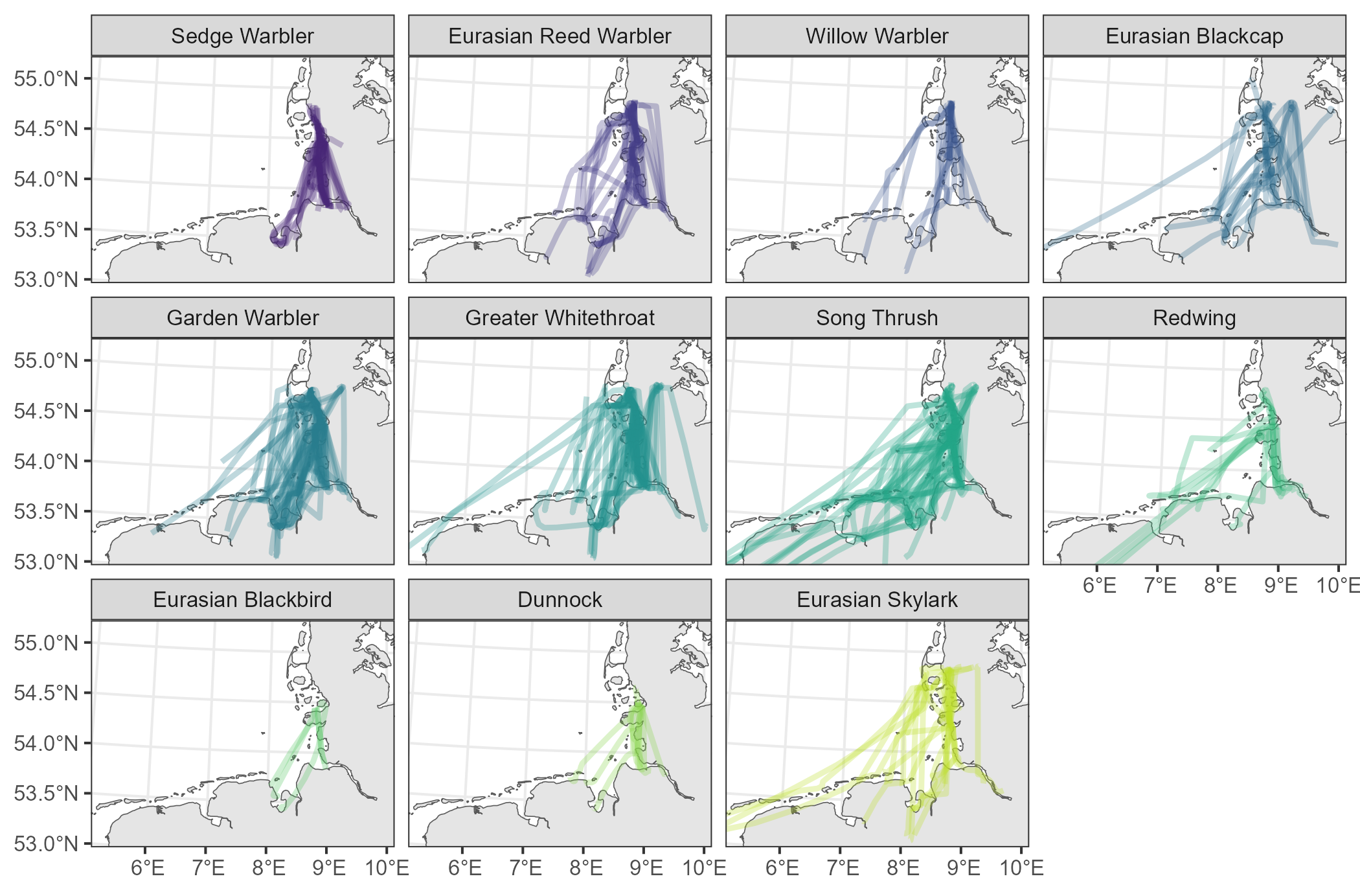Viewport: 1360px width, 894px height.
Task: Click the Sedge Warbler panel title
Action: pos(242,36)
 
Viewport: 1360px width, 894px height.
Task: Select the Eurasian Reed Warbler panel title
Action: pos(560,36)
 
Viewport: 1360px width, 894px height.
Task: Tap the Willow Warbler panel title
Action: pos(877,36)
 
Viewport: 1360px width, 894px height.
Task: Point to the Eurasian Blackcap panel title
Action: pos(1194,36)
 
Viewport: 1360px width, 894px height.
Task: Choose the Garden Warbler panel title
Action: pos(242,318)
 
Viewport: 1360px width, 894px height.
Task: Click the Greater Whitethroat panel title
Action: pos(560,318)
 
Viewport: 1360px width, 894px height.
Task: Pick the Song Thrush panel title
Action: pos(877,318)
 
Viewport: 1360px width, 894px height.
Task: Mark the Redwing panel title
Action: pos(1194,318)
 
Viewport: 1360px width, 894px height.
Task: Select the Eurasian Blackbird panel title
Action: pos(242,600)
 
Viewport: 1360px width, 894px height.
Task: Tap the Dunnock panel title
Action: pos(560,600)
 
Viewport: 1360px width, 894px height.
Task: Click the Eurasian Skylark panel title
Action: pos(877,600)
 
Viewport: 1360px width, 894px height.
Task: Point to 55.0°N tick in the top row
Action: pos(45,79)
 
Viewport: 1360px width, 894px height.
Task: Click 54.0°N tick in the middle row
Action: pos(45,461)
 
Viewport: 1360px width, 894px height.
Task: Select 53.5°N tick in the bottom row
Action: pos(45,794)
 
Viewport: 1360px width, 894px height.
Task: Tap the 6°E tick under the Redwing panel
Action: pos(1099,586)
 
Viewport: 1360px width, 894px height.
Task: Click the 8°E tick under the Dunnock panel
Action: pos(585,867)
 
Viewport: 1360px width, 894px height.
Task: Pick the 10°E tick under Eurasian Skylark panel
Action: pos(1021,867)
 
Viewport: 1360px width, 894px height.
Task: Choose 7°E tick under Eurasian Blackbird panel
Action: pos(208,867)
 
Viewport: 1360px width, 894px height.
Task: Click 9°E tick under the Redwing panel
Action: pos(1280,586)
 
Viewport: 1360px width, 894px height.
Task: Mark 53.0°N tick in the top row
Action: pos(45,280)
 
